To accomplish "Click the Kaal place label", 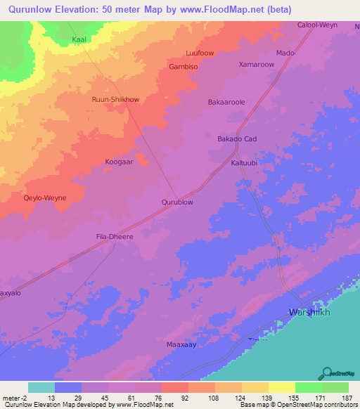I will [79, 40].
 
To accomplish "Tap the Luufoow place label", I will [198, 53].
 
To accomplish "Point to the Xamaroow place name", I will [257, 64].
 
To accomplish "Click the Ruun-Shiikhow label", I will [116, 100].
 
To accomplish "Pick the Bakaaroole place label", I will [226, 102].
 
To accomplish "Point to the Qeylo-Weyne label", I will [45, 198].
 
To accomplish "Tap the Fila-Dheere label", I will [115, 237].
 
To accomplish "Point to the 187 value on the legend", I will [347, 398].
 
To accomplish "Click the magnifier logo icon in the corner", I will [327, 373].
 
